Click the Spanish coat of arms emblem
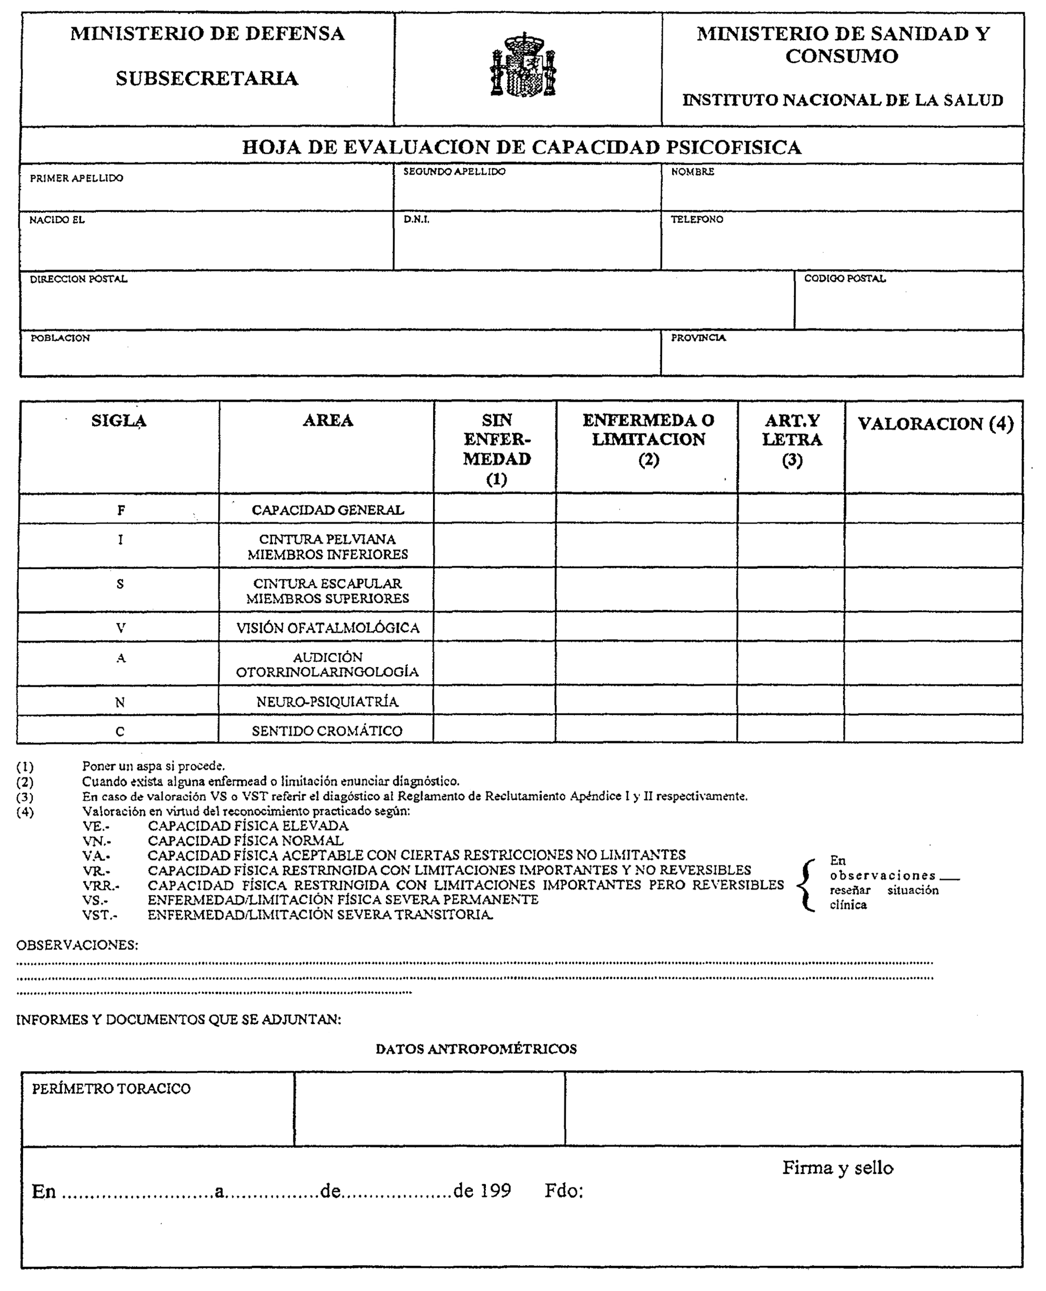(523, 65)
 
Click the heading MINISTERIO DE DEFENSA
(207, 34)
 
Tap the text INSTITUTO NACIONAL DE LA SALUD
(843, 100)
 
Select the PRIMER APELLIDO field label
(76, 178)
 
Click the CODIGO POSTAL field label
(845, 278)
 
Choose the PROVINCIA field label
(698, 338)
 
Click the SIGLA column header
(119, 421)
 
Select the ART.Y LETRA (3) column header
(792, 440)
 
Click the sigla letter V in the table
(120, 628)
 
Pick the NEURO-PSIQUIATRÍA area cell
(327, 701)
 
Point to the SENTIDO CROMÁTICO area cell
(327, 731)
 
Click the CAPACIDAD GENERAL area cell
(328, 510)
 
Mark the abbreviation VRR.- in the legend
(100, 886)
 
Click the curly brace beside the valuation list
(805, 885)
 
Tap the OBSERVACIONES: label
(77, 945)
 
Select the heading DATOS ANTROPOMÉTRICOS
(476, 1049)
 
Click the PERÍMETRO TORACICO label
(111, 1089)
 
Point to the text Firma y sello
(837, 1168)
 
